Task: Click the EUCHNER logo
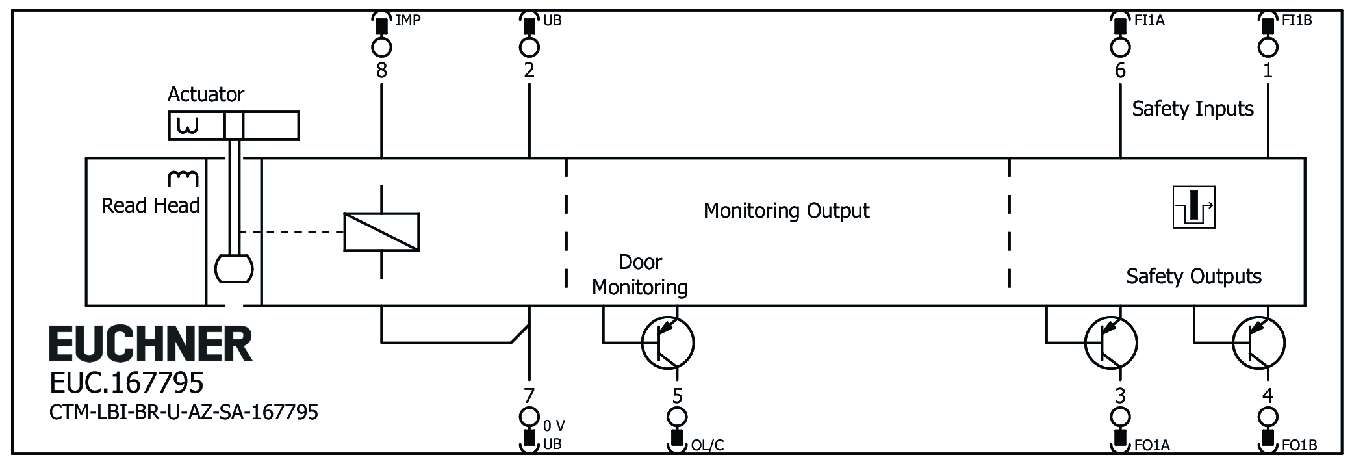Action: pyautogui.click(x=151, y=344)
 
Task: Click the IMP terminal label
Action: pyautogui.click(x=408, y=21)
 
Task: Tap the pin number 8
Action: pyautogui.click(x=381, y=70)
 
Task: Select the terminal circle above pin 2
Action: pyautogui.click(x=529, y=47)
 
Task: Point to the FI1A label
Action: pyautogui.click(x=1149, y=21)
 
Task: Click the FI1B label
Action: pyautogui.click(x=1297, y=21)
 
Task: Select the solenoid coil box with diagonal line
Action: pyautogui.click(x=381, y=231)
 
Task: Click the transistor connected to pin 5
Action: pyautogui.click(x=668, y=343)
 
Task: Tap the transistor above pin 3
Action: pyautogui.click(x=1111, y=343)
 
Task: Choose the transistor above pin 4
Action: pyautogui.click(x=1258, y=343)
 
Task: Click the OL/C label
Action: pyautogui.click(x=708, y=446)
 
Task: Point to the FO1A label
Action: pyautogui.click(x=1152, y=446)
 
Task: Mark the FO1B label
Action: pyautogui.click(x=1299, y=446)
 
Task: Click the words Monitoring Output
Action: pyautogui.click(x=786, y=211)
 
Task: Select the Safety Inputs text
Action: pyautogui.click(x=1193, y=109)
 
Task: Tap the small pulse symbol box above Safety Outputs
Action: pyautogui.click(x=1193, y=208)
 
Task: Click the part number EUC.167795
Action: pyautogui.click(x=127, y=383)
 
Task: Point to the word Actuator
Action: pyautogui.click(x=206, y=95)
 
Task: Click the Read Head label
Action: pyautogui.click(x=151, y=206)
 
